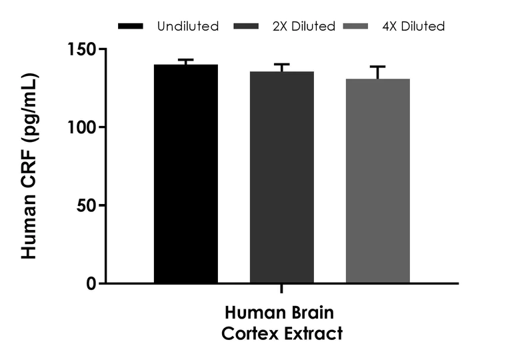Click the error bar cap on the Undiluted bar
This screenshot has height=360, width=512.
click(x=185, y=60)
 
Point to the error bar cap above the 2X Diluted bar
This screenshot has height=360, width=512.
click(x=281, y=65)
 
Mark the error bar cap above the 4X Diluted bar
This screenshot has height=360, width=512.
click(x=377, y=67)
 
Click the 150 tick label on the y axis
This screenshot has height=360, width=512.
click(x=82, y=49)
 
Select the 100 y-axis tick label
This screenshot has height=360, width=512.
click(x=82, y=127)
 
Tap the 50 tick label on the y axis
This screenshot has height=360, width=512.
click(x=87, y=205)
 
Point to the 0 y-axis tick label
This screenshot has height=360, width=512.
click(x=92, y=283)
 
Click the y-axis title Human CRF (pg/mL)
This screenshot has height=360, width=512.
click(x=29, y=167)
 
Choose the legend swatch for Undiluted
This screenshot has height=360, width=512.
click(x=131, y=27)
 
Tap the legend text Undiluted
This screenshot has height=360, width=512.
click(x=187, y=27)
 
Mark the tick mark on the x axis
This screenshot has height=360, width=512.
click(x=281, y=289)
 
